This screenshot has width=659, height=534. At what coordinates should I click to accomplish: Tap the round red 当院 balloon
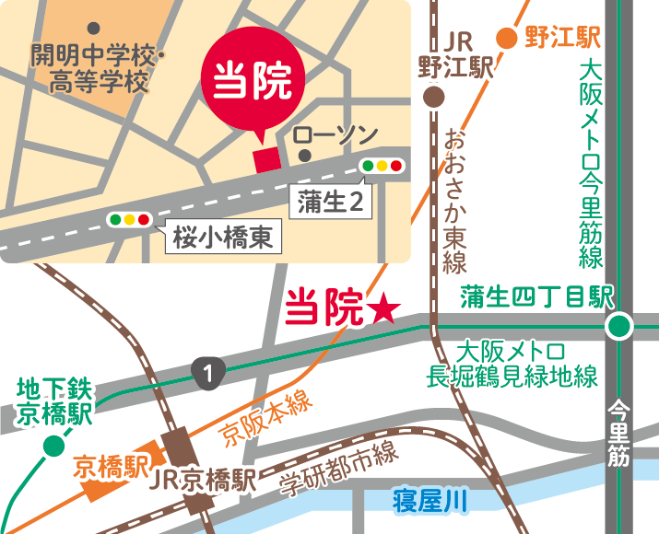point(253,82)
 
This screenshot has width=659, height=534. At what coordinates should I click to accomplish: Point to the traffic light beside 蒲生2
point(382,167)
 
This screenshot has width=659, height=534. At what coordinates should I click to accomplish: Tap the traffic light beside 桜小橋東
point(130,220)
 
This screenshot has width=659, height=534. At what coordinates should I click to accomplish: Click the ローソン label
point(335,134)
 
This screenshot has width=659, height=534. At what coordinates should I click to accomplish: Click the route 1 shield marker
point(210,373)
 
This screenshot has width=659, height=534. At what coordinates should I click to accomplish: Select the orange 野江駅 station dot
point(507,38)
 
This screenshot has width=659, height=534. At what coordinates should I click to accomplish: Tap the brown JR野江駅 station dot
point(434,97)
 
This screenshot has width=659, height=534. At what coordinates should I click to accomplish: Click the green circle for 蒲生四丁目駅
point(620,325)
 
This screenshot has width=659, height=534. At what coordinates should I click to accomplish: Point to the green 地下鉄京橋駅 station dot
point(54,447)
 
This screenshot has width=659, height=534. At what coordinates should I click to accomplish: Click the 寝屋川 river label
point(430,501)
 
